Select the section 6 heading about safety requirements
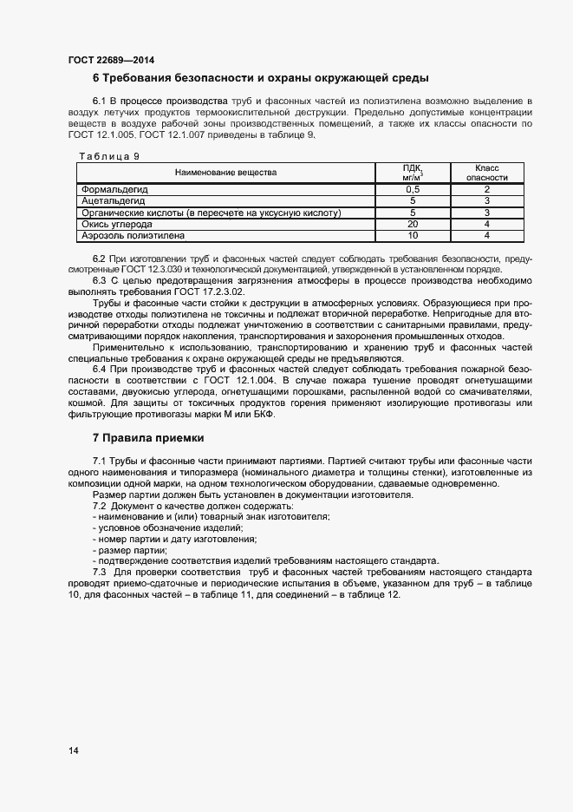pos(260,78)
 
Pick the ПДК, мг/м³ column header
pos(413,172)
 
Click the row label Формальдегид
pos(115,189)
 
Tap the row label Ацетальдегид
pos(114,200)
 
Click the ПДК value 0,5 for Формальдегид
pos(413,189)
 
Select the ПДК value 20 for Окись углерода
pos(413,224)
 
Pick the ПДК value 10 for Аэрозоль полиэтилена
pos(413,235)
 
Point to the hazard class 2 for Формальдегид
pos(487,189)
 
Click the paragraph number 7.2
pos(100,505)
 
